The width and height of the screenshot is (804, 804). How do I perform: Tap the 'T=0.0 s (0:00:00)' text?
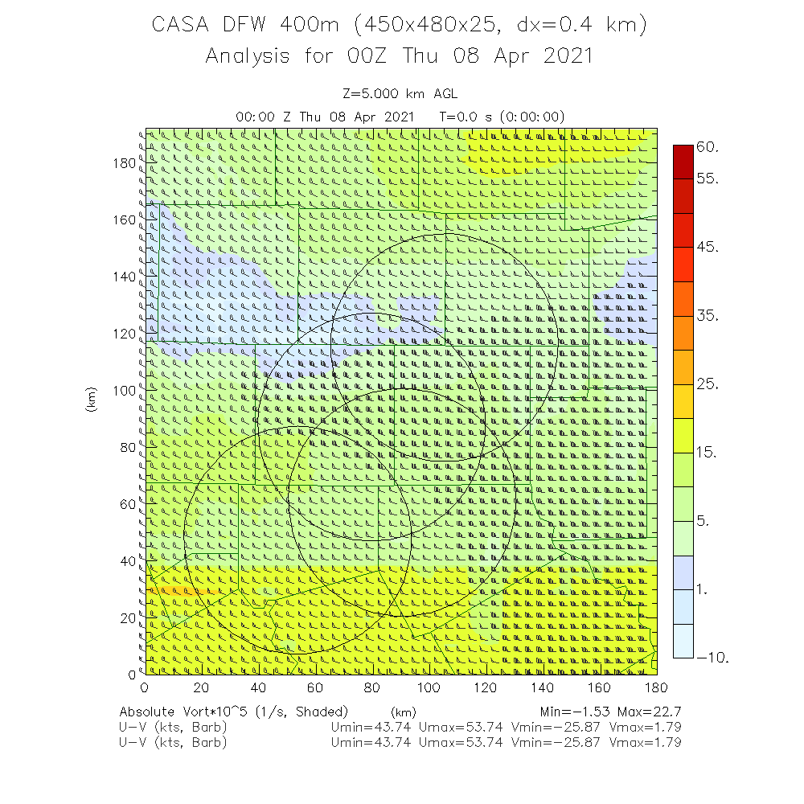point(503,117)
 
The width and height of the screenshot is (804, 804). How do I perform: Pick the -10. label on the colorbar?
point(713,658)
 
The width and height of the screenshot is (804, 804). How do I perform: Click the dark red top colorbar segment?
point(683,162)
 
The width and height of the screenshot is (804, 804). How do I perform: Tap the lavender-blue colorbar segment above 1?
point(683,572)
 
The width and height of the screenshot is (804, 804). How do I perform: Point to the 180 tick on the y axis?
point(124,162)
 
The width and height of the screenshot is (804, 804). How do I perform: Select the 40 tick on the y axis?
point(127,560)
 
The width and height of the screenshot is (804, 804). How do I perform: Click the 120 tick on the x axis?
point(485,687)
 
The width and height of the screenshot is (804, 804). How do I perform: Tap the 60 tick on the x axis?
point(314,687)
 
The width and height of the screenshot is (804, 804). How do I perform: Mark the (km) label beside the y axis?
point(92,402)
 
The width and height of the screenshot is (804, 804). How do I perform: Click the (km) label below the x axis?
point(403,712)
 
